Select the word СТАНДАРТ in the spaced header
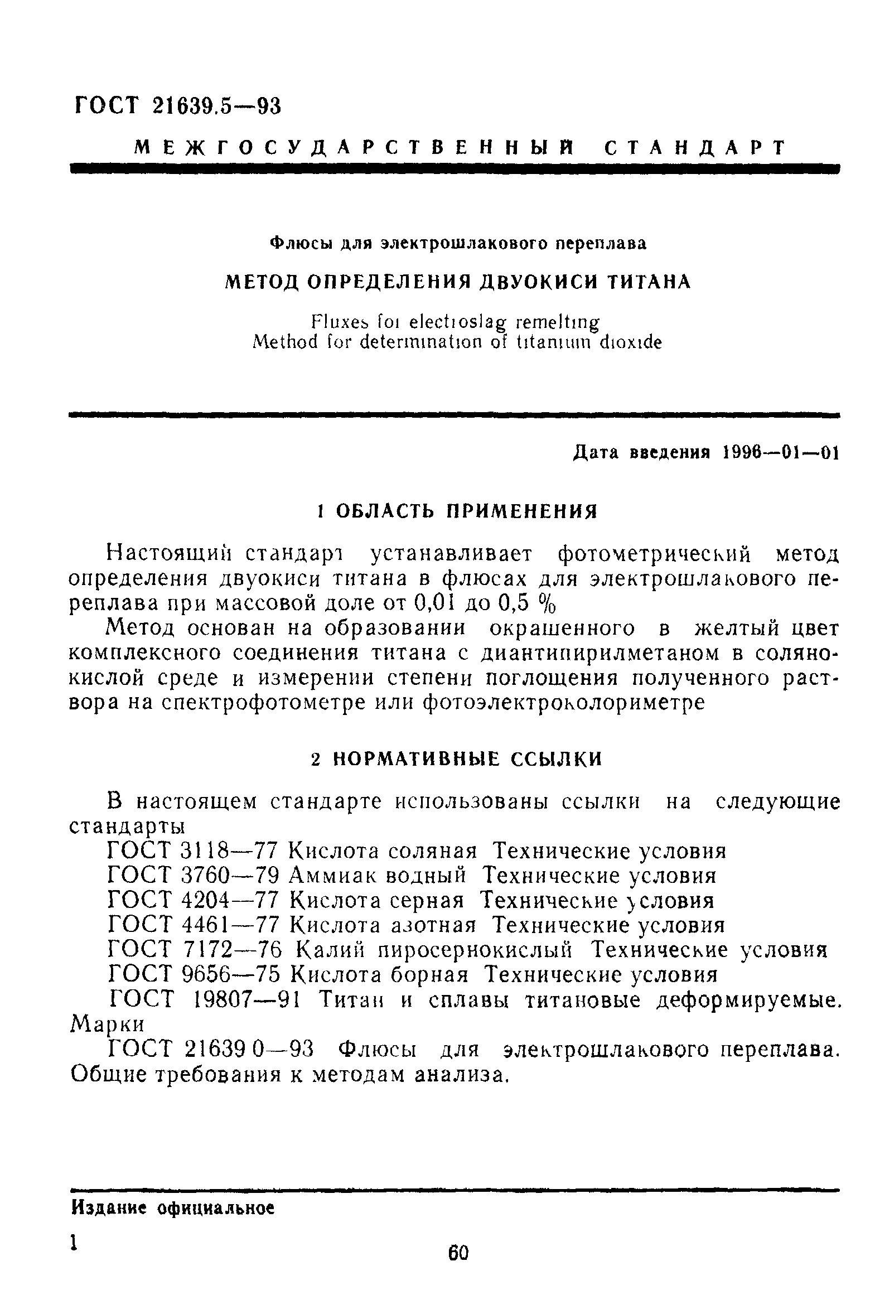pos(694,148)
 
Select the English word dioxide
pos(631,342)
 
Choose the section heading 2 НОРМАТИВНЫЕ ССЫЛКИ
pos(456,759)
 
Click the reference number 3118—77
pos(229,852)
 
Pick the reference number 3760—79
pos(230,876)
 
